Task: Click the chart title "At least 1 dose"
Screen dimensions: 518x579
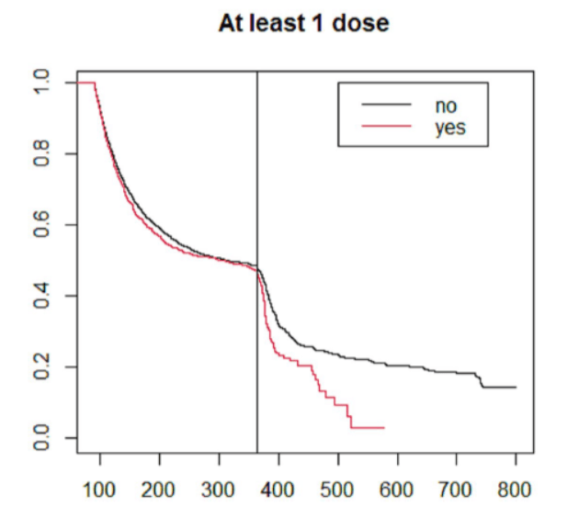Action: pos(303,24)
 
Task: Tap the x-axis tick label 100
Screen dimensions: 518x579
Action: pos(99,488)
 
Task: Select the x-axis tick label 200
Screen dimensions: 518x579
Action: pos(159,488)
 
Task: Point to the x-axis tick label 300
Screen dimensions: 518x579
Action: pos(219,488)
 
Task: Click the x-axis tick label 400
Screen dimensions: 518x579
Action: pos(278,488)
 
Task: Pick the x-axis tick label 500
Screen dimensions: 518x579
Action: pos(337,488)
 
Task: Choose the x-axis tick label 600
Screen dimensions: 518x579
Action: pos(397,488)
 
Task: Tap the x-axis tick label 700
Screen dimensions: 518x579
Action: pos(456,488)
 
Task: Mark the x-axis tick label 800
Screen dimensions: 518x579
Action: pos(515,488)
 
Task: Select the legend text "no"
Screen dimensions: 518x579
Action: pos(446,106)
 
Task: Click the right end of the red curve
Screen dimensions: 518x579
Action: pos(383,427)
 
